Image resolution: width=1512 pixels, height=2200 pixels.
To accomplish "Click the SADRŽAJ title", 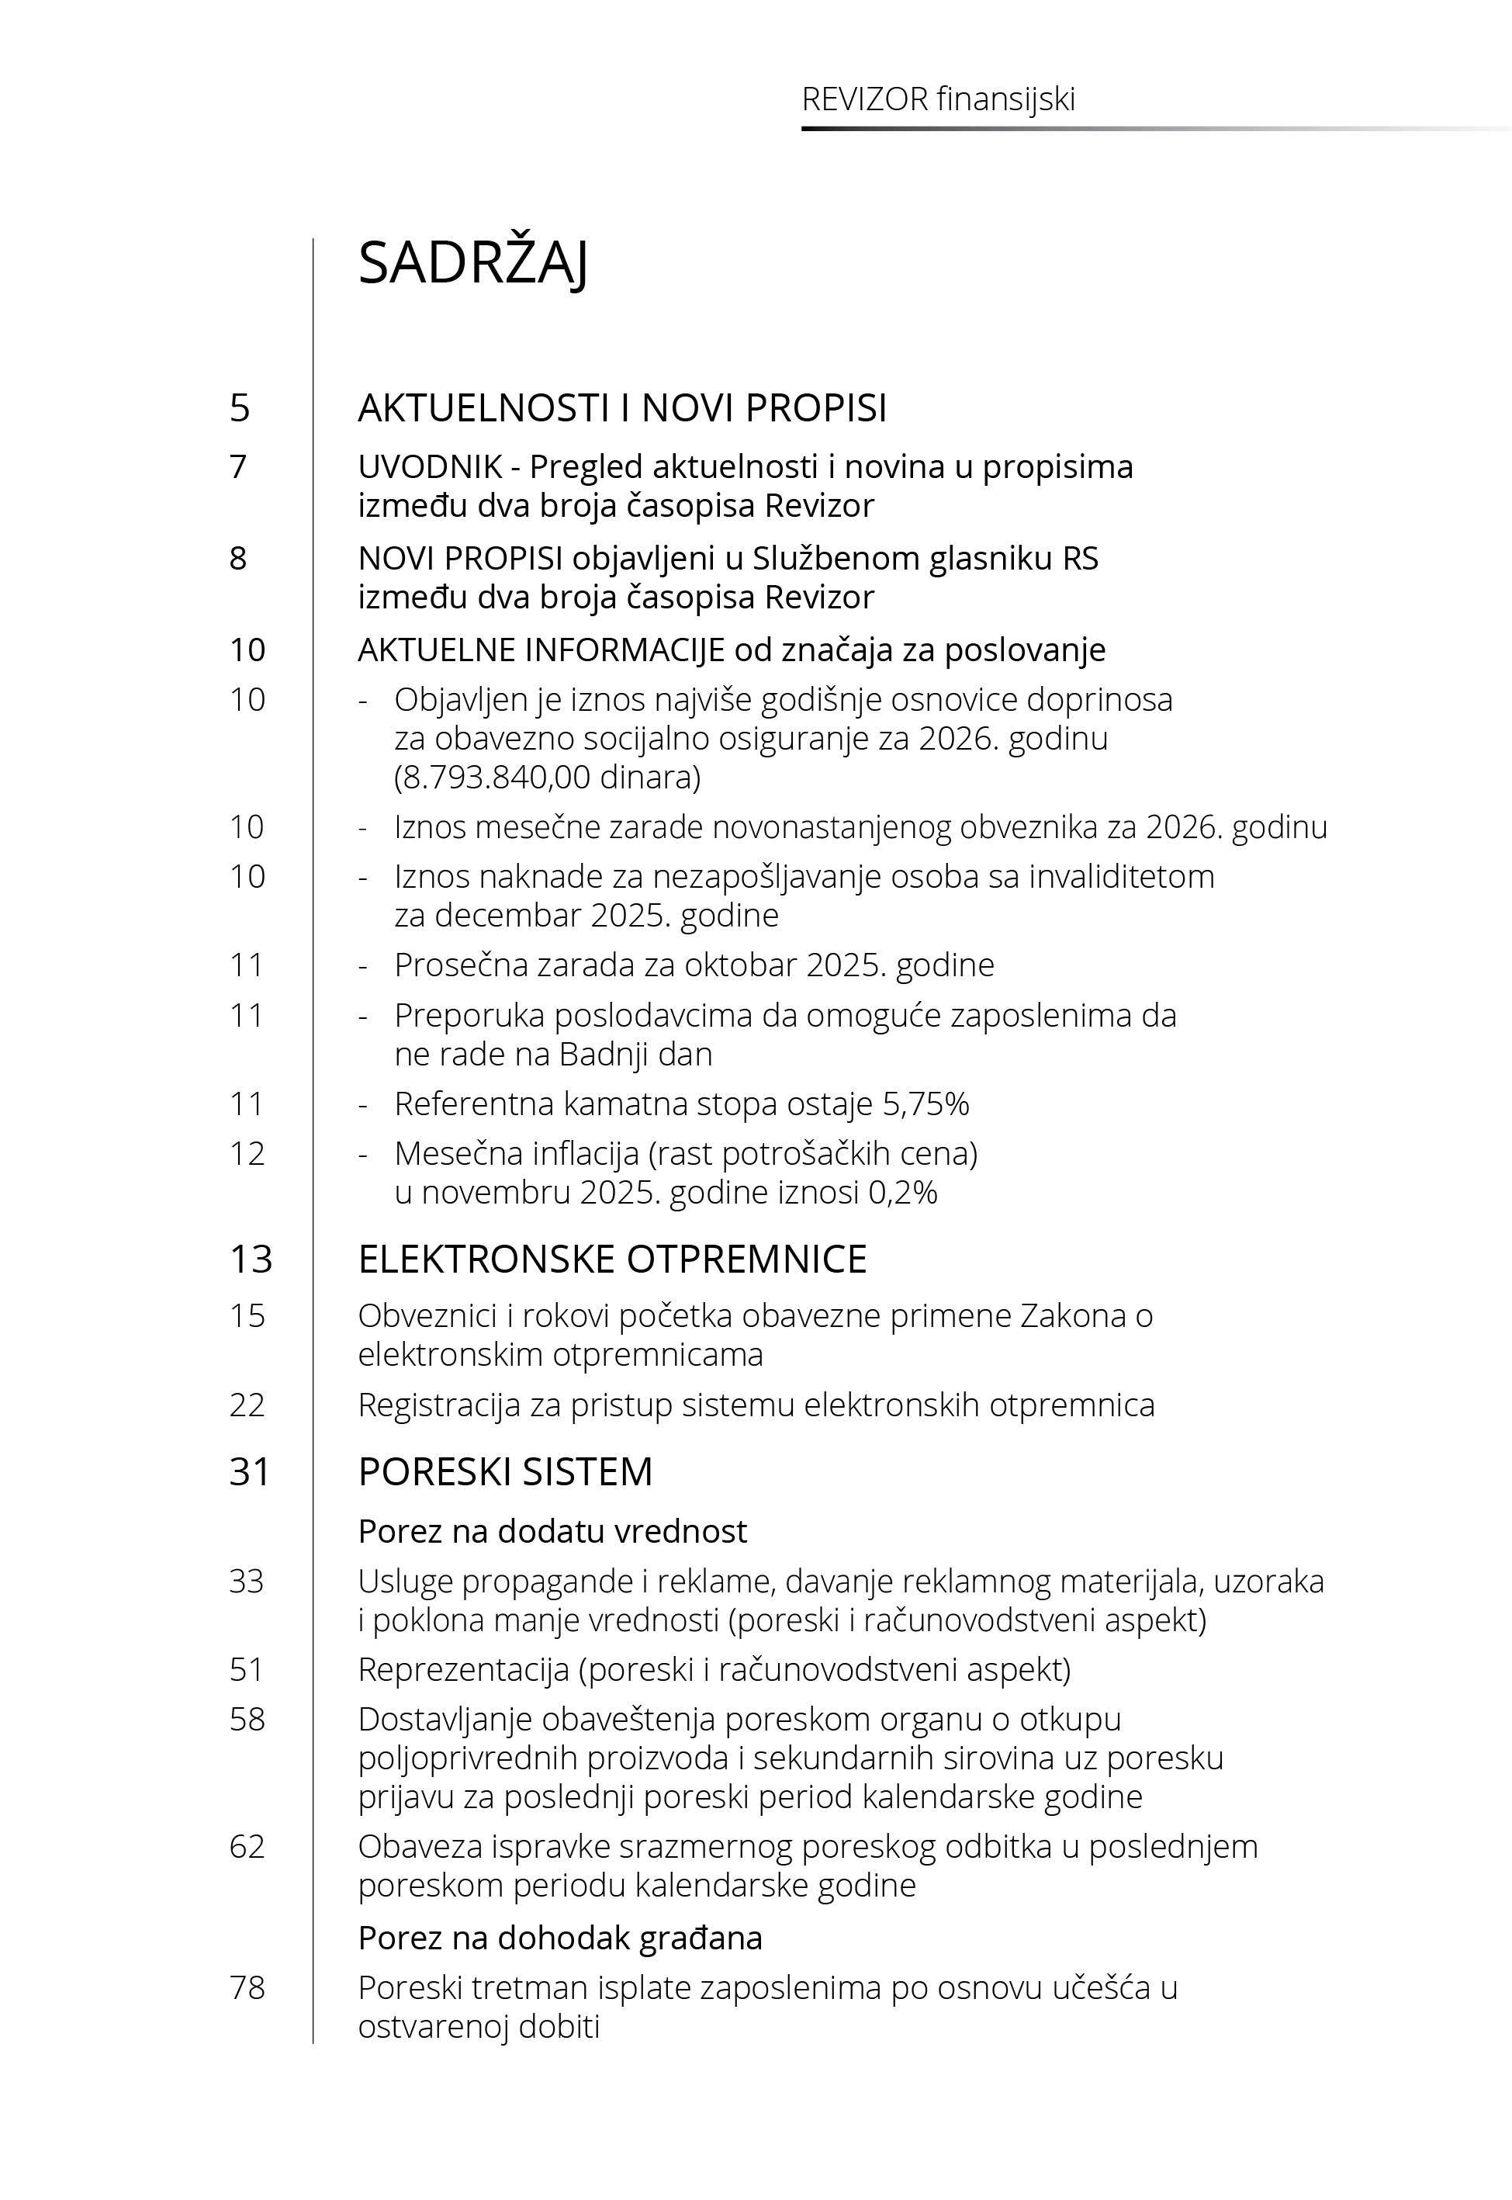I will coord(472,262).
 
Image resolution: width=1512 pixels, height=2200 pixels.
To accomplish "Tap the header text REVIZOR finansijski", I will coord(938,99).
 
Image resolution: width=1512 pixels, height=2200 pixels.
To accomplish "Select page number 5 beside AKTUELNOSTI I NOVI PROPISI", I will coord(240,408).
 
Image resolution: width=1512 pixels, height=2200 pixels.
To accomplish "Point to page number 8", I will coord(238,558).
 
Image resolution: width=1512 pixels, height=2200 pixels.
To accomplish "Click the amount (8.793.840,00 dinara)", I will coord(548,777).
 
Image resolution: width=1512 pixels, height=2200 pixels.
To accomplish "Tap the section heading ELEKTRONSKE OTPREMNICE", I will coord(612,1259).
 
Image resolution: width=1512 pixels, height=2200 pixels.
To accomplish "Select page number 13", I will coord(250,1259).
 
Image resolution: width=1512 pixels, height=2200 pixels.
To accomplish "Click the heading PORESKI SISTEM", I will coord(505,1471).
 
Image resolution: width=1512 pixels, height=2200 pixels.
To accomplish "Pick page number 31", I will coord(250,1471).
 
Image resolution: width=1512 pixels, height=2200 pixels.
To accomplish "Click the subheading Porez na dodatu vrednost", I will coord(552,1531).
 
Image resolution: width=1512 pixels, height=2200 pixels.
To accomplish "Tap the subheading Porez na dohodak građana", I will coord(560,1938).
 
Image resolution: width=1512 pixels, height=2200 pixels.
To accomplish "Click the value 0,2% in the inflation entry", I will coord(903,1192).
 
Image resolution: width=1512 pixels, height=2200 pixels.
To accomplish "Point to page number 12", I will coord(247,1153).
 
